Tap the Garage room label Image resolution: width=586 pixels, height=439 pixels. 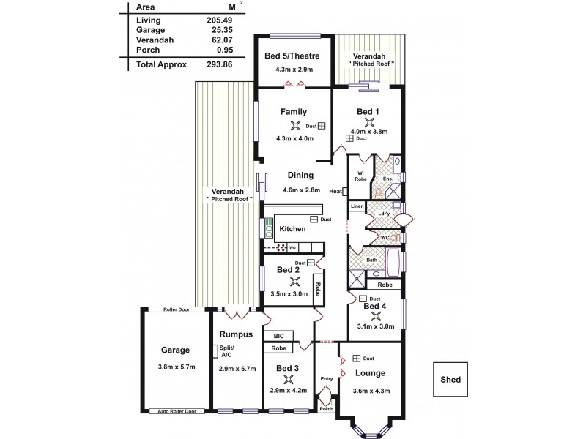[x=176, y=350]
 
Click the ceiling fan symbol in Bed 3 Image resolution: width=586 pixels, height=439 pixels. [x=290, y=379]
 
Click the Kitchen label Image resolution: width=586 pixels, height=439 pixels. [x=292, y=229]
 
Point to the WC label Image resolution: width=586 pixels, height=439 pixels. [x=384, y=238]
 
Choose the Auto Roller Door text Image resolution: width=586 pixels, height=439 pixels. [x=177, y=411]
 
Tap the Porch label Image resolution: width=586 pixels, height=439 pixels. [x=326, y=408]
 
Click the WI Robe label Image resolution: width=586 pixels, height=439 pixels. [x=360, y=176]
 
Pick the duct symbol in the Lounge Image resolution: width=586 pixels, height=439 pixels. [x=357, y=359]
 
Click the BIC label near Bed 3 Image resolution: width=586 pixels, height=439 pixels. [x=278, y=336]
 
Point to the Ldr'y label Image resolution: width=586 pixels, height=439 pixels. [x=382, y=214]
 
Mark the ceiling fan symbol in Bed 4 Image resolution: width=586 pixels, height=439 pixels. [x=377, y=316]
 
